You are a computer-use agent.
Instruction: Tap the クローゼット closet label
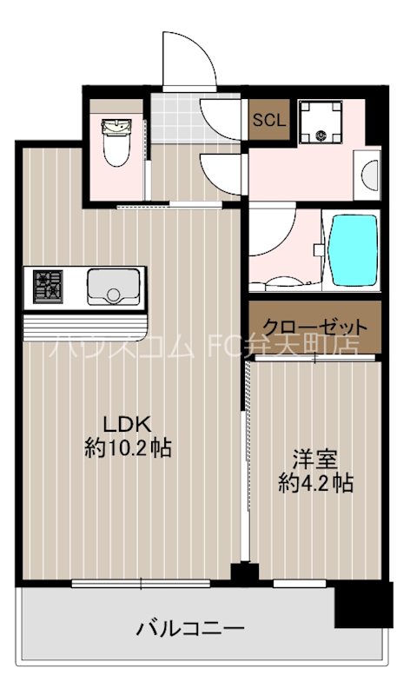point(315,328)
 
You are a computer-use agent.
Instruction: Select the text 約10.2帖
point(128,448)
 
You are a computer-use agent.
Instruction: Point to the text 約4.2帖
point(315,483)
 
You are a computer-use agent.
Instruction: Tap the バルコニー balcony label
point(189,627)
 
